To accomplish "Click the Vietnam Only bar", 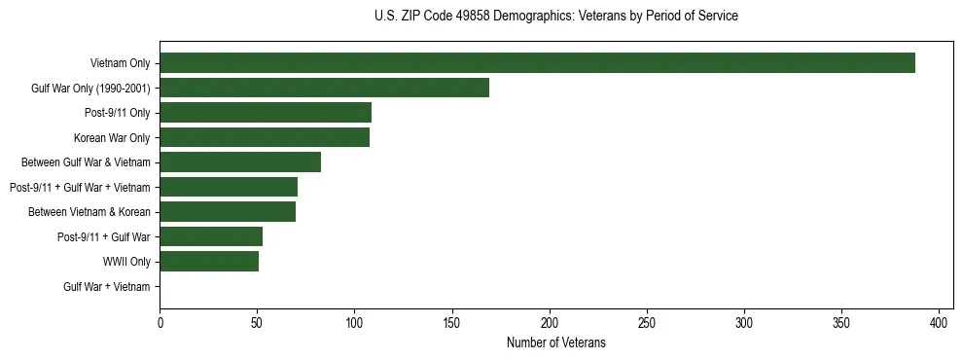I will [x=537, y=63].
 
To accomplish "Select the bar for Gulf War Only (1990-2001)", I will [x=324, y=88].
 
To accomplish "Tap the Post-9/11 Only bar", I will [x=266, y=113].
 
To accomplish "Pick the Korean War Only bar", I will [x=265, y=137].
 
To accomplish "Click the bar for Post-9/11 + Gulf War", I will [x=211, y=236].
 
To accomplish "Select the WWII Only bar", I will [x=209, y=262].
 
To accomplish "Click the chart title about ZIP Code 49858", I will [x=555, y=16].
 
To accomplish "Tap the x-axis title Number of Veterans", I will [x=555, y=342].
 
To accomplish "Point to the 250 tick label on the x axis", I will [x=647, y=322].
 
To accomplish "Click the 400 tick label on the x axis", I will [x=940, y=322].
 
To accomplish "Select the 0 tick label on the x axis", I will [x=160, y=322].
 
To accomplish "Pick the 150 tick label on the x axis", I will [x=452, y=322].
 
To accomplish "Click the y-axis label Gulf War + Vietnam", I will [x=107, y=287].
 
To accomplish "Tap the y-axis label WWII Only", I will [x=126, y=262].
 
